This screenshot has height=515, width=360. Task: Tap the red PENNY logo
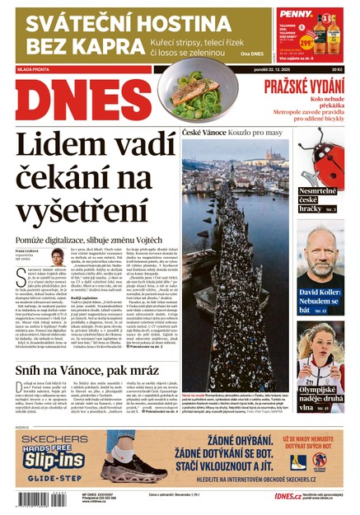pyautogui.click(x=295, y=14)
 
